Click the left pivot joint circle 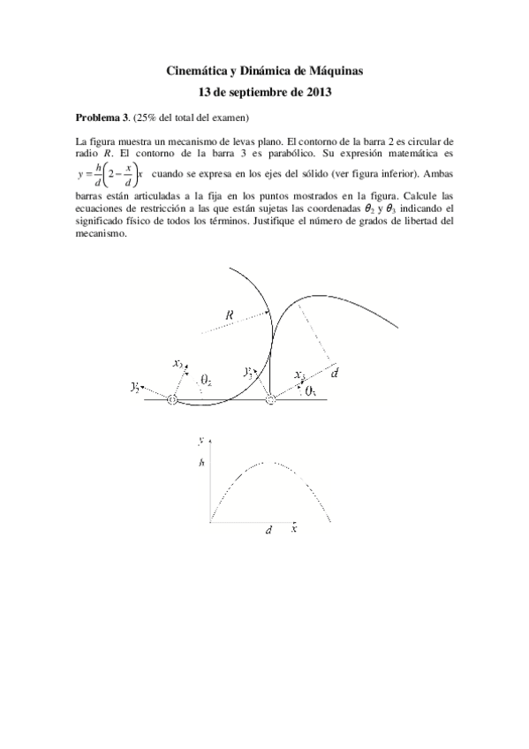tap(172, 400)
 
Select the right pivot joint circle tap(270, 400)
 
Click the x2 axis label tap(178, 363)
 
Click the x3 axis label tap(300, 374)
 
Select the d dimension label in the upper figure tap(335, 374)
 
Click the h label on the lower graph tap(202, 462)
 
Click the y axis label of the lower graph tap(202, 439)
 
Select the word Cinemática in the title tap(197, 69)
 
